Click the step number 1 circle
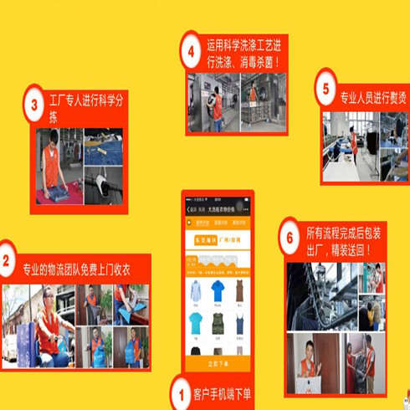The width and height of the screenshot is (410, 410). point(180,392)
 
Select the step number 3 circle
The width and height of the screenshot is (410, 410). point(33,105)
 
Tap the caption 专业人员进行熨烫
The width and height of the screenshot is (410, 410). point(373,99)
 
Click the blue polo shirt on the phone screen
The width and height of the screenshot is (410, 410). point(218,291)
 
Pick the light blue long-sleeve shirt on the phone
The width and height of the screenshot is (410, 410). point(195,291)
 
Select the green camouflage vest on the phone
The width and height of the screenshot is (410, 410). point(218,323)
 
